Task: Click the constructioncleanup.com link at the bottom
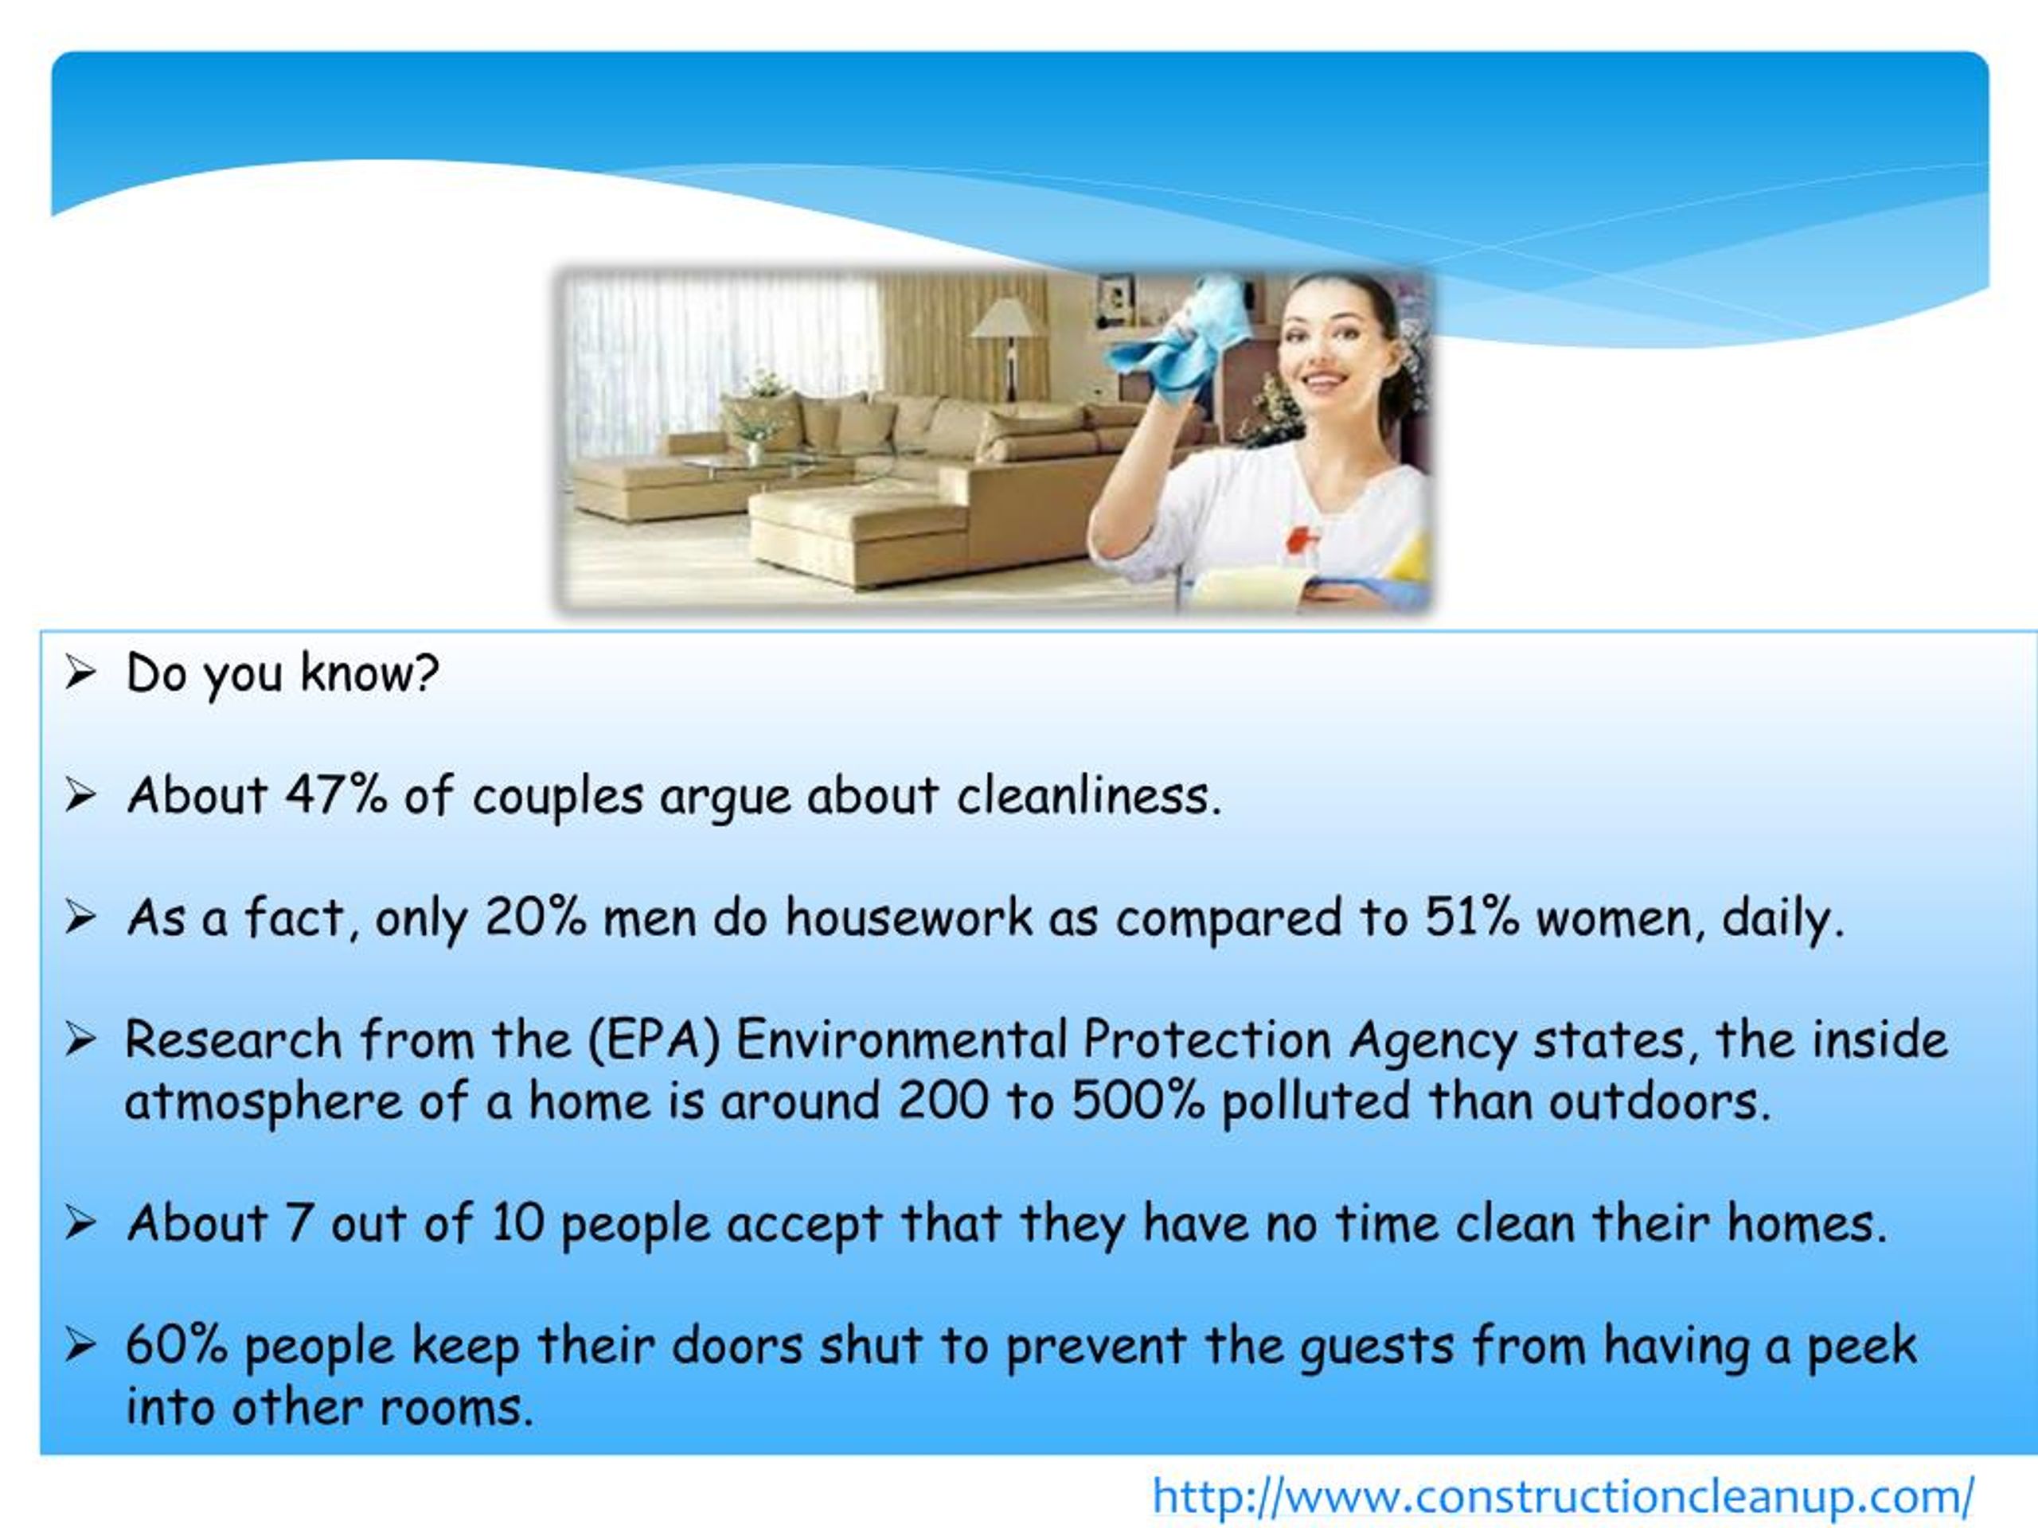tap(1563, 1495)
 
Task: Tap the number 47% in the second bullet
tap(335, 795)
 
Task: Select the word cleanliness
tap(1088, 795)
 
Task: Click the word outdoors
tap(1659, 1101)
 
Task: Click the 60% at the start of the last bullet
tap(176, 1346)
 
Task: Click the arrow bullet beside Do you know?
tap(81, 673)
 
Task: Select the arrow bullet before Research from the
tap(81, 1040)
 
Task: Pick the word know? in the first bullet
tap(369, 673)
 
